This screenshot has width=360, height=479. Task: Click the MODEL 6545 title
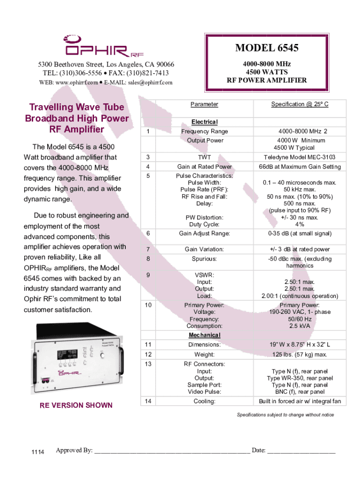[267, 48]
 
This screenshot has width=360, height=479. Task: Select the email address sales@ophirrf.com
[148, 82]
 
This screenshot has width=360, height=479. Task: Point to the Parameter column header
[204, 104]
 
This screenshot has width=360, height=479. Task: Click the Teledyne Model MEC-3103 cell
[299, 157]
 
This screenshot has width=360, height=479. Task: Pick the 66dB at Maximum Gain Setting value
[299, 167]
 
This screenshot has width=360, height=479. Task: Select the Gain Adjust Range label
[204, 233]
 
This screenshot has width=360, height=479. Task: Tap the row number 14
[148, 401]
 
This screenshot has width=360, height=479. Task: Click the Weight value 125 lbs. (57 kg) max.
[299, 354]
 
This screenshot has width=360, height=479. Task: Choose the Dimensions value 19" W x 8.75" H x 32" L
[299, 345]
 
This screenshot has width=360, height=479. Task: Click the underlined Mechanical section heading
[204, 335]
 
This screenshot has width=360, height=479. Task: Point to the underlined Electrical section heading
[204, 122]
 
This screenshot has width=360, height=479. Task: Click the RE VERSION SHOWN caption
[76, 405]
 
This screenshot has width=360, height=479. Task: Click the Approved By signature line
[172, 451]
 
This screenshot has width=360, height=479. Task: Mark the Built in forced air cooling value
[300, 401]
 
